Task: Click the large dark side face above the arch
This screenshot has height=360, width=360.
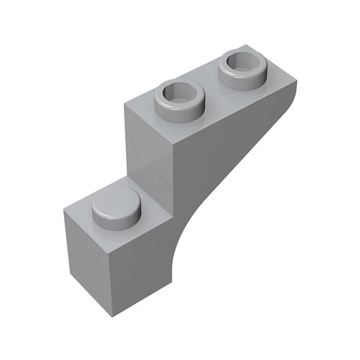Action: (x=225, y=148)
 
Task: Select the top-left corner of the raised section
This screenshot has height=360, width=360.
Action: (x=125, y=103)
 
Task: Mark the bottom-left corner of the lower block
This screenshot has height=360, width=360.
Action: (x=71, y=274)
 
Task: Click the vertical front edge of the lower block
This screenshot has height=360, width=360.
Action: (x=121, y=279)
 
